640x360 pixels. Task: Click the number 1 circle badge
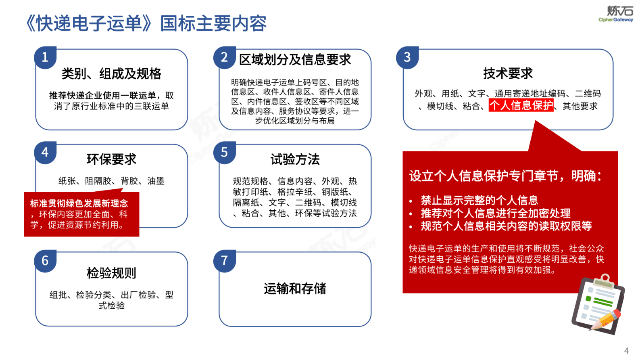click(x=45, y=57)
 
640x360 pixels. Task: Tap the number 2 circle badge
click(x=225, y=57)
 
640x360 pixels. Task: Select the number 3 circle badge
click(x=407, y=57)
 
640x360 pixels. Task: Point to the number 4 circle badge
click(x=45, y=152)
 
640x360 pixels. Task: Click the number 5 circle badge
click(x=225, y=152)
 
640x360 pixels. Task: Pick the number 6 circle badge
click(x=45, y=261)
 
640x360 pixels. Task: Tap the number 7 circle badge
click(x=225, y=261)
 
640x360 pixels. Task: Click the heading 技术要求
click(x=508, y=73)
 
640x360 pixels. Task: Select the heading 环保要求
click(x=111, y=159)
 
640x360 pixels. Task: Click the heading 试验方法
click(x=295, y=159)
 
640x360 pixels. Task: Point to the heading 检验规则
click(x=111, y=273)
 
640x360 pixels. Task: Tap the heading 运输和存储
click(x=295, y=289)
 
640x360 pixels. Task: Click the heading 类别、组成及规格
click(x=111, y=73)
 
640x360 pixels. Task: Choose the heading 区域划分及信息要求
click(x=295, y=60)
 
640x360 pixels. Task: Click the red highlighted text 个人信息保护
click(x=521, y=105)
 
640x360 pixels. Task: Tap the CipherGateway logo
click(x=616, y=15)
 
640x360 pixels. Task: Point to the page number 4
click(x=626, y=350)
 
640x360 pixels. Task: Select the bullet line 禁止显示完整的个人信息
click(x=479, y=200)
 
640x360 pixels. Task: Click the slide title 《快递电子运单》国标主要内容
click(x=146, y=23)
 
